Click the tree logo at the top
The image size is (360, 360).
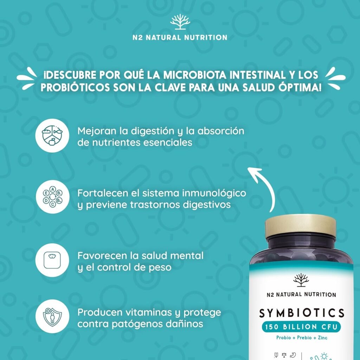coord(180,21)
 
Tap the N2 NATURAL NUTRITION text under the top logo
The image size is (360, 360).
coord(180,37)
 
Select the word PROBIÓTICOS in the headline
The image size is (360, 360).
coord(75,88)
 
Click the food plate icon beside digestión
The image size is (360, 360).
coord(52,135)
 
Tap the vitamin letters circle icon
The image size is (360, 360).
coord(52,197)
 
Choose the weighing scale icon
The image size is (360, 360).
coord(52,260)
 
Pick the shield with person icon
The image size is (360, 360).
coord(52,316)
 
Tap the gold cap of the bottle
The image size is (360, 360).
coord(301,227)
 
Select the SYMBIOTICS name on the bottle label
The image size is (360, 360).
coord(302,313)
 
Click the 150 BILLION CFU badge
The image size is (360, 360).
coord(301,327)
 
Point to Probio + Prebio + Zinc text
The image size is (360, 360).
coord(302,337)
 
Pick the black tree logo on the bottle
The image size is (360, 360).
coord(301,280)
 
